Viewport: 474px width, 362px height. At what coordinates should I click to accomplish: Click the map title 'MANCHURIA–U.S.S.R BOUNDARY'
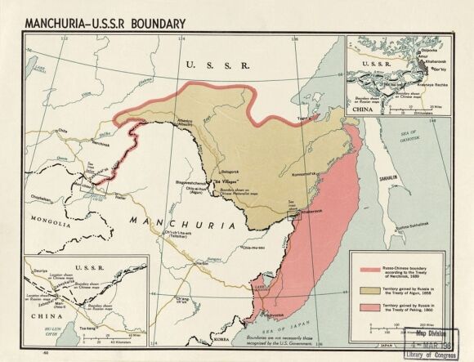tap(105, 22)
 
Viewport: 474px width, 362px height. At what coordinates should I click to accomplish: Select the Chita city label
tap(62, 130)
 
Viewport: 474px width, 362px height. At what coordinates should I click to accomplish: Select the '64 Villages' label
tap(214, 180)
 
